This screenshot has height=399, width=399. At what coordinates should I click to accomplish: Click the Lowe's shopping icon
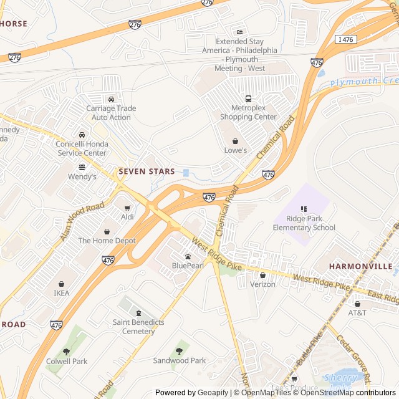click(235, 141)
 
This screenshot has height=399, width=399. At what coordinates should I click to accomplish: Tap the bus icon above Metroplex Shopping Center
click(248, 99)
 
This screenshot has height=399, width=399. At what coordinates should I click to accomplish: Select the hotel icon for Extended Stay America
click(239, 32)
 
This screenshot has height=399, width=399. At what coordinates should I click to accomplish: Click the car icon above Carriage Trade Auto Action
click(111, 99)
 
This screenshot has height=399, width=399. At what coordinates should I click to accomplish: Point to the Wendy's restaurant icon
click(82, 167)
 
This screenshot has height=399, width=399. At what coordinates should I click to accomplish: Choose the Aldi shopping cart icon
click(127, 208)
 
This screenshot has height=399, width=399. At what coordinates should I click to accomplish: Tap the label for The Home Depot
click(107, 240)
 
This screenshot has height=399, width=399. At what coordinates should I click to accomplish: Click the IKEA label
click(62, 293)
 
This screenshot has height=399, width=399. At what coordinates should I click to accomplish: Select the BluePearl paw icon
click(188, 256)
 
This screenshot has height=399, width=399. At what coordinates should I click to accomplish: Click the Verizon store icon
click(262, 275)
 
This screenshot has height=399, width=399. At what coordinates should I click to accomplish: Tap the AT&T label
click(357, 312)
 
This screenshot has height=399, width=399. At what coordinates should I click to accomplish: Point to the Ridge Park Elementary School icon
click(304, 209)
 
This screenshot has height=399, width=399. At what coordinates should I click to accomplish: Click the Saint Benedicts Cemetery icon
click(138, 313)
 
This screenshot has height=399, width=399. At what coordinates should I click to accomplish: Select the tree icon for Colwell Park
click(67, 352)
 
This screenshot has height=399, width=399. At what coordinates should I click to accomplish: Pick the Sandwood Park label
click(180, 360)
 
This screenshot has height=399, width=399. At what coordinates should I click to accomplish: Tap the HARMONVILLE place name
click(360, 266)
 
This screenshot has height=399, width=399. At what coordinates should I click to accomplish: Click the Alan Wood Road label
click(82, 223)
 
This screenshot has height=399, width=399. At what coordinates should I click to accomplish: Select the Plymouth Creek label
click(363, 82)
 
